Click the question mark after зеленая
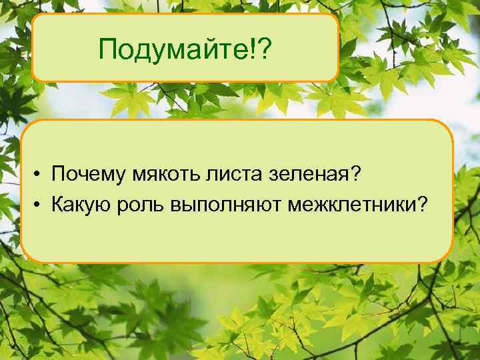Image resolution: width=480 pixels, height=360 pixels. [x=356, y=175]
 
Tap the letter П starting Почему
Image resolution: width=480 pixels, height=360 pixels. [x=59, y=175]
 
